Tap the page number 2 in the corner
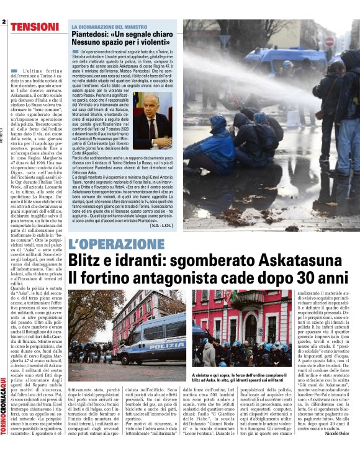(x=4, y=22)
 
